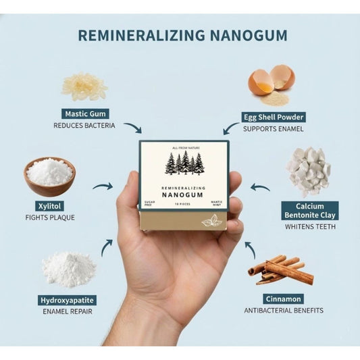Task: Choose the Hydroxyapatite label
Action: (67, 299)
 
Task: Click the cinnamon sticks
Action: (281, 269)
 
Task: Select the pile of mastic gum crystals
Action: (84, 86)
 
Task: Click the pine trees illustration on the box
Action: (184, 163)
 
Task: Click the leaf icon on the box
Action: (211, 220)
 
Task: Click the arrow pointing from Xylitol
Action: (102, 186)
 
